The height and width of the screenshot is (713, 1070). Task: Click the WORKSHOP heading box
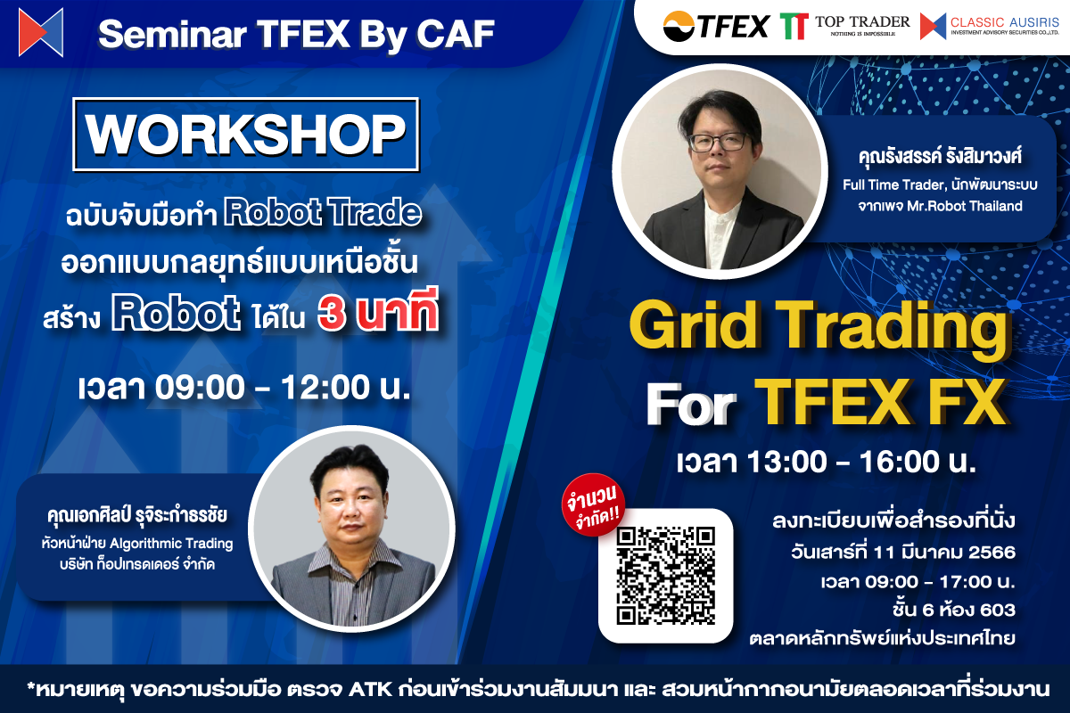[x=245, y=134]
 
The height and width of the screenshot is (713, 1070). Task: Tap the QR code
[x=666, y=575]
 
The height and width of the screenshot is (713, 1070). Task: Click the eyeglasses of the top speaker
[x=720, y=142]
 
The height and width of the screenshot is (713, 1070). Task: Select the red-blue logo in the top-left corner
[x=41, y=32]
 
